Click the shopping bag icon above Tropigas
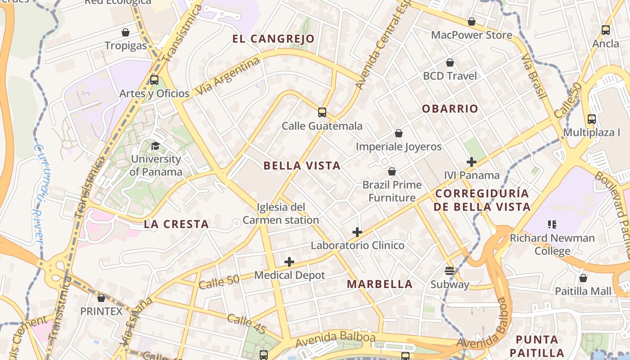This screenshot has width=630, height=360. (126, 32)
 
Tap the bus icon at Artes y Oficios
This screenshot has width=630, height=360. (154, 80)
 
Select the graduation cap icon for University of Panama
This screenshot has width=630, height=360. (155, 146)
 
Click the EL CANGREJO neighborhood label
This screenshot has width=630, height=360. (273, 39)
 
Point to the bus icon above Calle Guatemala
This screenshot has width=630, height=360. (322, 112)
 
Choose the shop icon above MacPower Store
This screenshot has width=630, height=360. (472, 22)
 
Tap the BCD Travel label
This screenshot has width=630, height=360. (450, 76)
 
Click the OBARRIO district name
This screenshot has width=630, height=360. (450, 108)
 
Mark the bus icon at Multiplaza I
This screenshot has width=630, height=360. (592, 119)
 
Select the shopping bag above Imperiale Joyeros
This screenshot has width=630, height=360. (398, 133)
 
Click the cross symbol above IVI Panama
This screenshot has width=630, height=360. (472, 162)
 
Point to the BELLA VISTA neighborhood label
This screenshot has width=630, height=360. (302, 166)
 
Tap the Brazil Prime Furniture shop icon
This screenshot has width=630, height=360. (392, 171)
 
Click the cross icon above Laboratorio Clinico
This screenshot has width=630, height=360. (357, 232)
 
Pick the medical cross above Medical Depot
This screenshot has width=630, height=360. (289, 262)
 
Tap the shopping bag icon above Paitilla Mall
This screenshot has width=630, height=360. (583, 278)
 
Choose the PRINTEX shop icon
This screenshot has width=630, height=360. (101, 298)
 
